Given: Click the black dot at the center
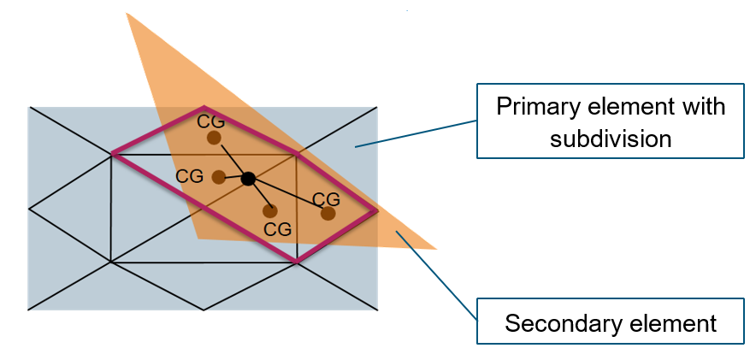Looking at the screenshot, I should coord(248,179).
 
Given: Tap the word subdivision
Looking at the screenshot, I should coord(611,138).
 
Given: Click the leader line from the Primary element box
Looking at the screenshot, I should coord(416,133).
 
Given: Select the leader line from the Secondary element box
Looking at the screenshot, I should coord(436,274).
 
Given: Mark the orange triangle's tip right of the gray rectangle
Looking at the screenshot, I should coord(435,249).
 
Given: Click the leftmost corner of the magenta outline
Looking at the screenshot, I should coord(112,154).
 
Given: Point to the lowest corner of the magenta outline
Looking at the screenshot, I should coord(297,261).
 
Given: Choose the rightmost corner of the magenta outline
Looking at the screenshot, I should coord(376,210).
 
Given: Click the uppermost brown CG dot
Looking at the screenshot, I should coord(214,138).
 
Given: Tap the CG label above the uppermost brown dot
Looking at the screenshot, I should coord(211,121).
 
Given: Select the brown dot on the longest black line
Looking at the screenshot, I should coord(328,213).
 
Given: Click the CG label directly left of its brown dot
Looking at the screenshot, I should coord(189,176).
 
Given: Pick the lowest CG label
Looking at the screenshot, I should coord(277,229).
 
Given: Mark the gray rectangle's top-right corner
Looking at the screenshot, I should coord(376,108).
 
